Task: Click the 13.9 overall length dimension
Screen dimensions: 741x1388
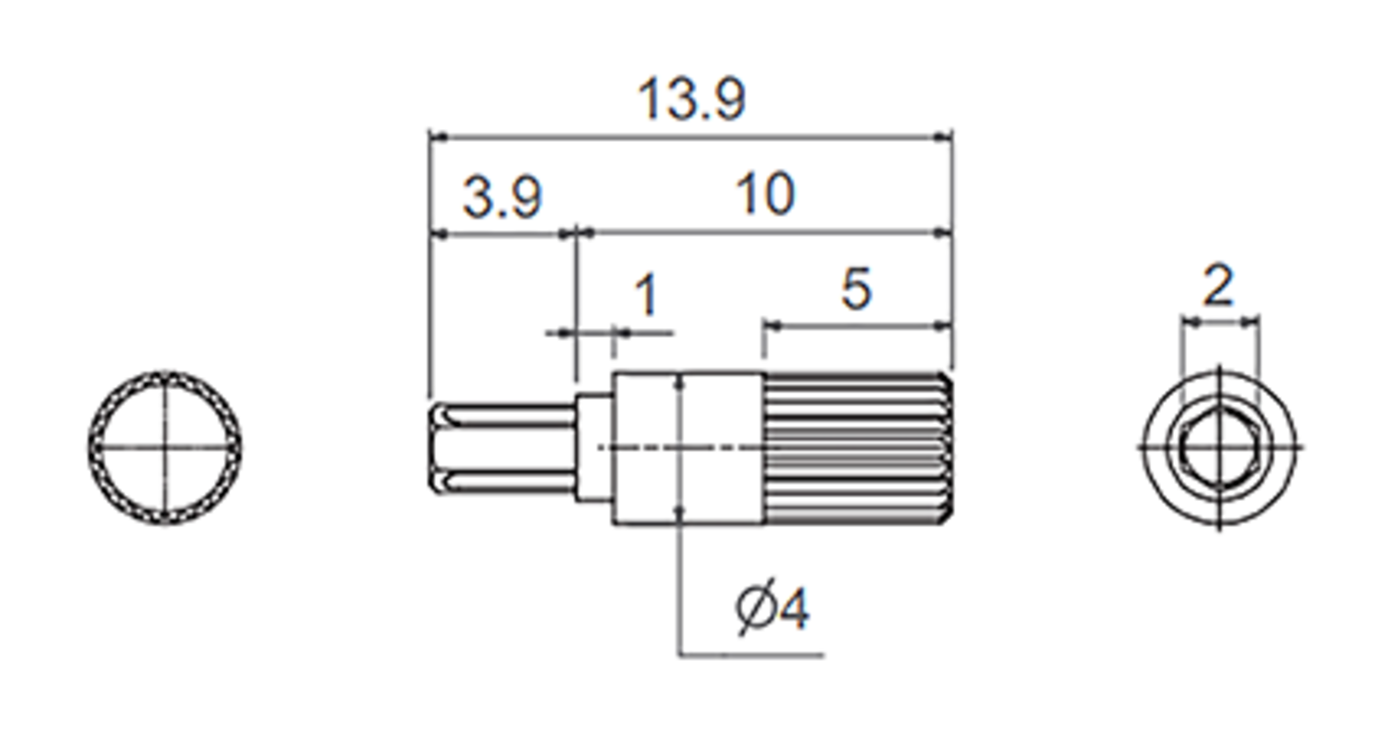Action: (691, 101)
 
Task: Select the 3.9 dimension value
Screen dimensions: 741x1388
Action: (502, 198)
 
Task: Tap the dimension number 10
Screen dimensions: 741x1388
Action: (765, 195)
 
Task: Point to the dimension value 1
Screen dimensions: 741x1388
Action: (645, 295)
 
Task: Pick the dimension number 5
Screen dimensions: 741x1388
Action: (855, 288)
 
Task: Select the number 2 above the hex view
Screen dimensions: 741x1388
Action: (1217, 286)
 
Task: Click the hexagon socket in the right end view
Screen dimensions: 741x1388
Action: (1219, 447)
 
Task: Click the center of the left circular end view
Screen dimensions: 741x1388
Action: (165, 447)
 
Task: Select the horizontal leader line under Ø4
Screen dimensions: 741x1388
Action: (752, 655)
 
